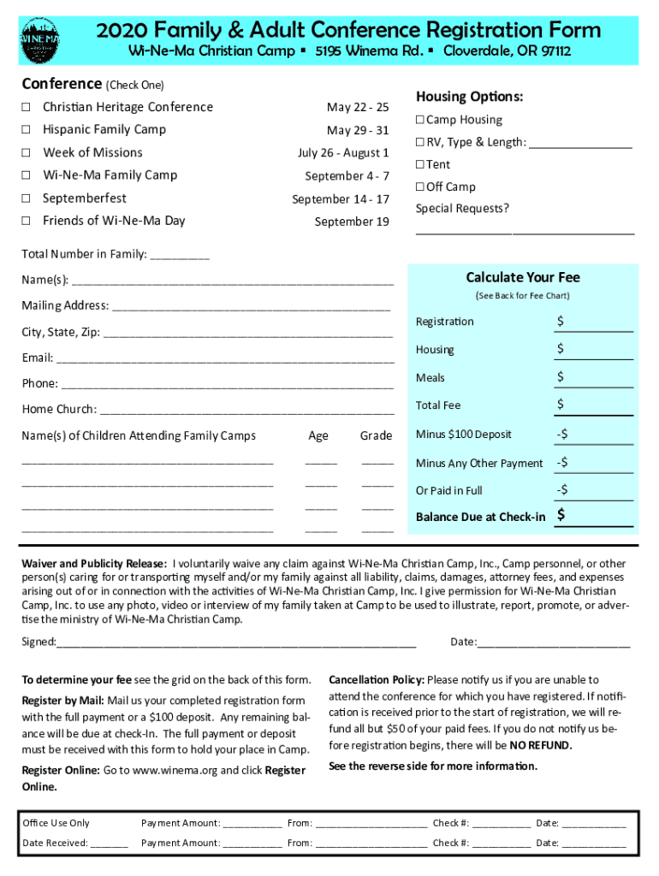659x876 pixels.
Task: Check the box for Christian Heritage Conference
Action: point(27,107)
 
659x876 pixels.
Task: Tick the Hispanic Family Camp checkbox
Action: point(27,129)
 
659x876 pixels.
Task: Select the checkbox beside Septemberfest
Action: point(27,198)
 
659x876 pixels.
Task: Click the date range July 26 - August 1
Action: point(343,153)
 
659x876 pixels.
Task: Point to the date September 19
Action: point(352,222)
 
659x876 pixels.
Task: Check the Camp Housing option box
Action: point(420,120)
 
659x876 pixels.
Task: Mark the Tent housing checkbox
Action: point(420,164)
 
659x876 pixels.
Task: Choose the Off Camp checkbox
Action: point(420,186)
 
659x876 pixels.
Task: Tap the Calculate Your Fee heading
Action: point(522,277)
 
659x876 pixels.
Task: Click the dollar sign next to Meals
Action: point(560,376)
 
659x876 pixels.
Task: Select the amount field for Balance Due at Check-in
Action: point(594,517)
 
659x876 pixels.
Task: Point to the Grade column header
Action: point(376,435)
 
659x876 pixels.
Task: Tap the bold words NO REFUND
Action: point(541,745)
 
